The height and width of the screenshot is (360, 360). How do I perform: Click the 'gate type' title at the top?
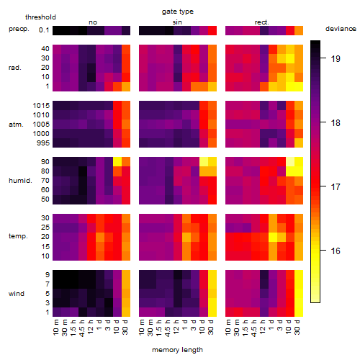click(178, 12)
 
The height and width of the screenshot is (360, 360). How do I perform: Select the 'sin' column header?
click(177, 22)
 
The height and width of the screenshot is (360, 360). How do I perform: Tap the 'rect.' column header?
click(262, 22)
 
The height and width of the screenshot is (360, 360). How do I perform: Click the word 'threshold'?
click(40, 17)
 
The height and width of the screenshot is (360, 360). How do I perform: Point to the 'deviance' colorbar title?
click(341, 29)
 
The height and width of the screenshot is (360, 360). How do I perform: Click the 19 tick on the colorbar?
click(336, 58)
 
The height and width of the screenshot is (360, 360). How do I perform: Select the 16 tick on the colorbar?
click(336, 251)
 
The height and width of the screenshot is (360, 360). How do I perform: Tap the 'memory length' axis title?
click(178, 350)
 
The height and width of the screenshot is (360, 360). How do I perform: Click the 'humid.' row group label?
click(20, 181)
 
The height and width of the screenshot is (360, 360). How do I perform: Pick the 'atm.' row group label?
click(16, 125)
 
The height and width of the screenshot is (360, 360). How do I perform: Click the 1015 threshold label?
click(41, 105)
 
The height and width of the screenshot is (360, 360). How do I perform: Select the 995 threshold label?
click(43, 143)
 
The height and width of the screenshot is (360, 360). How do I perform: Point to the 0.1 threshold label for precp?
click(44, 30)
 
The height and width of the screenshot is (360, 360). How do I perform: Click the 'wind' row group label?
click(17, 294)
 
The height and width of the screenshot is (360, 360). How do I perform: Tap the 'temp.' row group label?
click(18, 236)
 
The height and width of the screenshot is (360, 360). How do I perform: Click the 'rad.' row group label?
click(15, 68)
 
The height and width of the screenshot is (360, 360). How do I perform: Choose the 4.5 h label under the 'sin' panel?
click(168, 328)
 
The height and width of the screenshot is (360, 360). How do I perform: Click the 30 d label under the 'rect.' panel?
click(297, 327)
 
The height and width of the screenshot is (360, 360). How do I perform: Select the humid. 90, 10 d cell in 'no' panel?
click(117, 162)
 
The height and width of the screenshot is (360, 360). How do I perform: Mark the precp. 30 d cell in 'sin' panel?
click(212, 30)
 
